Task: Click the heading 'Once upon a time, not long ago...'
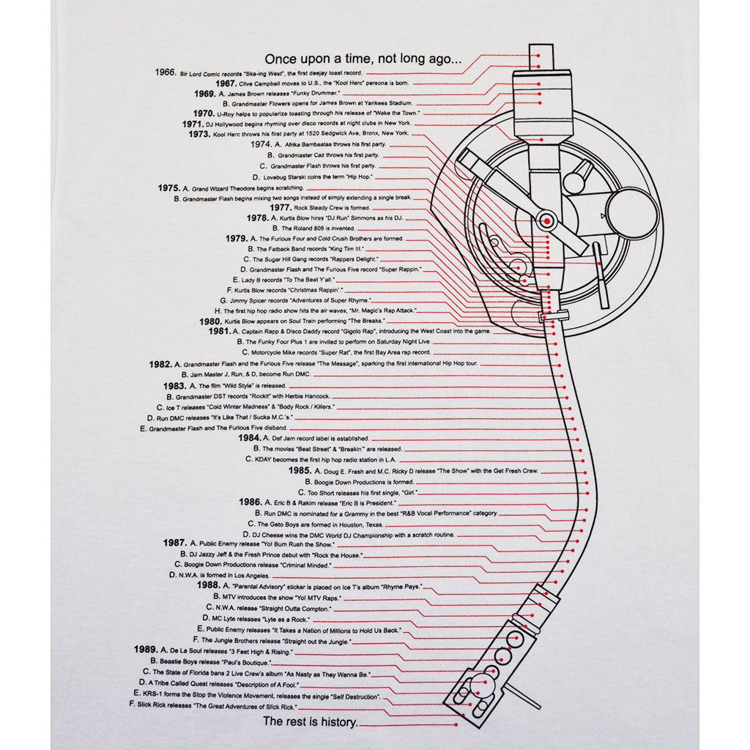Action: coord(363,59)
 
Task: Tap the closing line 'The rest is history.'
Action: coord(311,722)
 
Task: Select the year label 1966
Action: coord(166,73)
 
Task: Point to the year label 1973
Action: coord(199,135)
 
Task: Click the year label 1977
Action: coord(281,207)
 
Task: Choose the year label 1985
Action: coord(300,469)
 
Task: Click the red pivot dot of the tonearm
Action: coord(546,220)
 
